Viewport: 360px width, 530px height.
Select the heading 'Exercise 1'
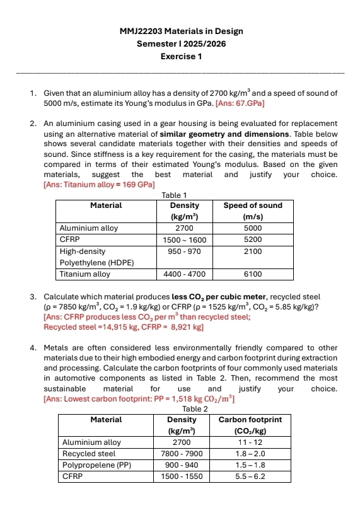coord(181,57)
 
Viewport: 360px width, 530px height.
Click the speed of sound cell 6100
coord(252,274)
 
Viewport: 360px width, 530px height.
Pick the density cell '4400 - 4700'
coord(184,274)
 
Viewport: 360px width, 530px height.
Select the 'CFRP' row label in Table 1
coord(69,239)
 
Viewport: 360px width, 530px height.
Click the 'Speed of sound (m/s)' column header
coord(252,210)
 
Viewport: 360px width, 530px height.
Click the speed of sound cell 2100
coord(252,251)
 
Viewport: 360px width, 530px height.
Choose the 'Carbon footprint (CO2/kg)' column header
coord(250,424)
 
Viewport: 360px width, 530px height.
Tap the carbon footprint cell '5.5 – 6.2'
coord(250,476)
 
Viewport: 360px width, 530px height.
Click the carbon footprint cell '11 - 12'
coord(250,442)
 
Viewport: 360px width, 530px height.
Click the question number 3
coord(33,297)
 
